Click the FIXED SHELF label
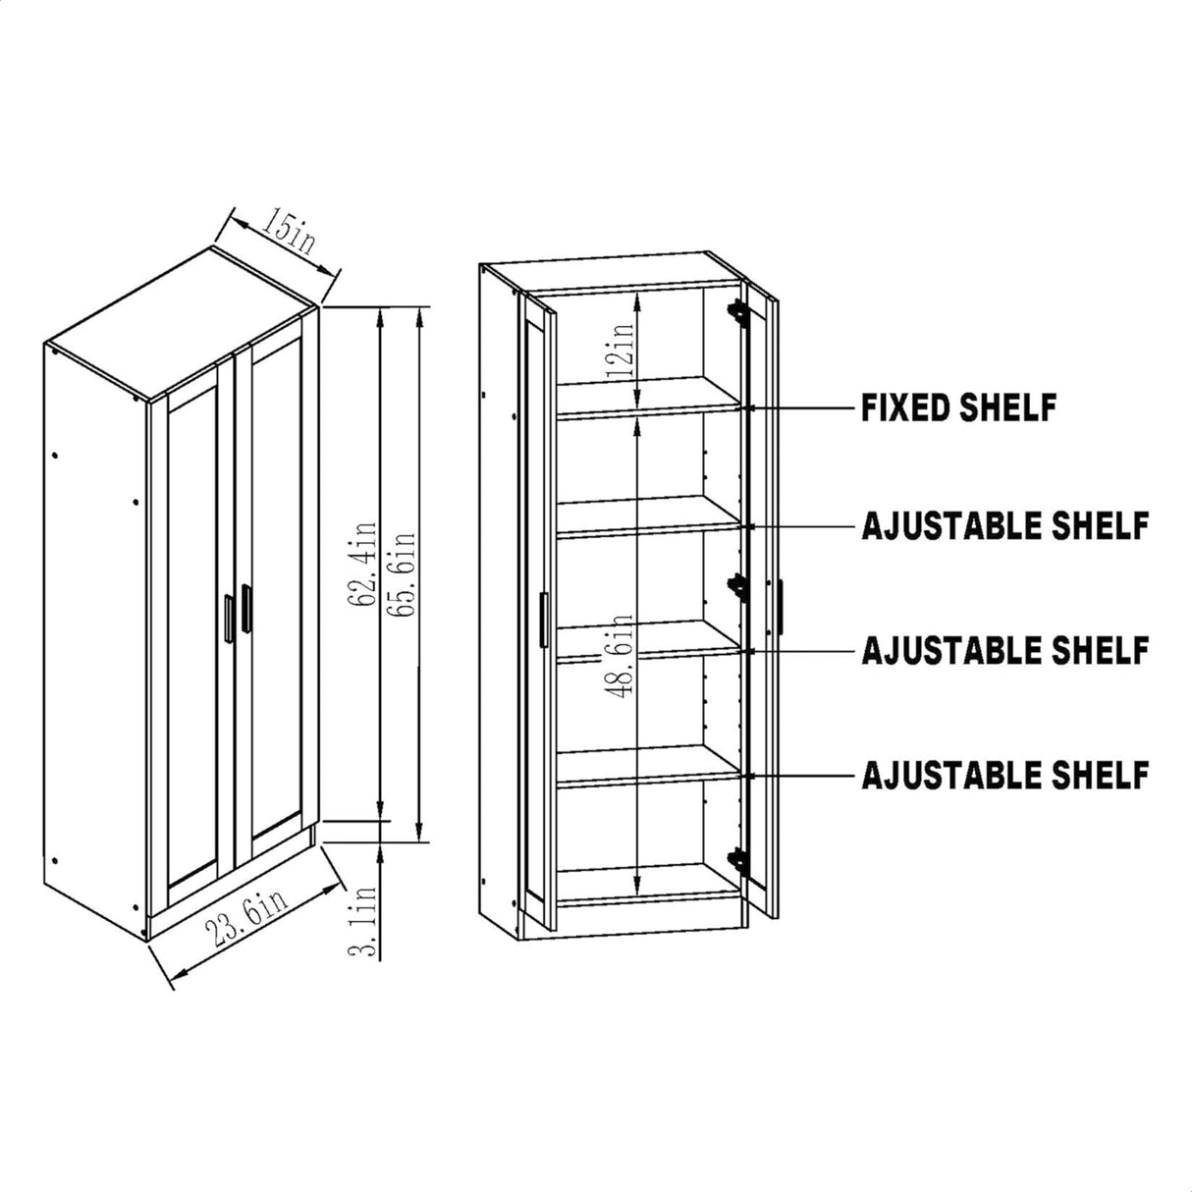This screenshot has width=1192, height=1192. pyautogui.click(x=958, y=407)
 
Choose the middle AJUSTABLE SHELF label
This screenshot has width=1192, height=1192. pyautogui.click(x=1004, y=650)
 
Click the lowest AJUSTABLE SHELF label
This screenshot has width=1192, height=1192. pyautogui.click(x=1004, y=775)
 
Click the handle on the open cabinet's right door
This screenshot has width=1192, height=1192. pyautogui.click(x=781, y=607)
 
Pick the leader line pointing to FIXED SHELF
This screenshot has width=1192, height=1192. pyautogui.click(x=800, y=407)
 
